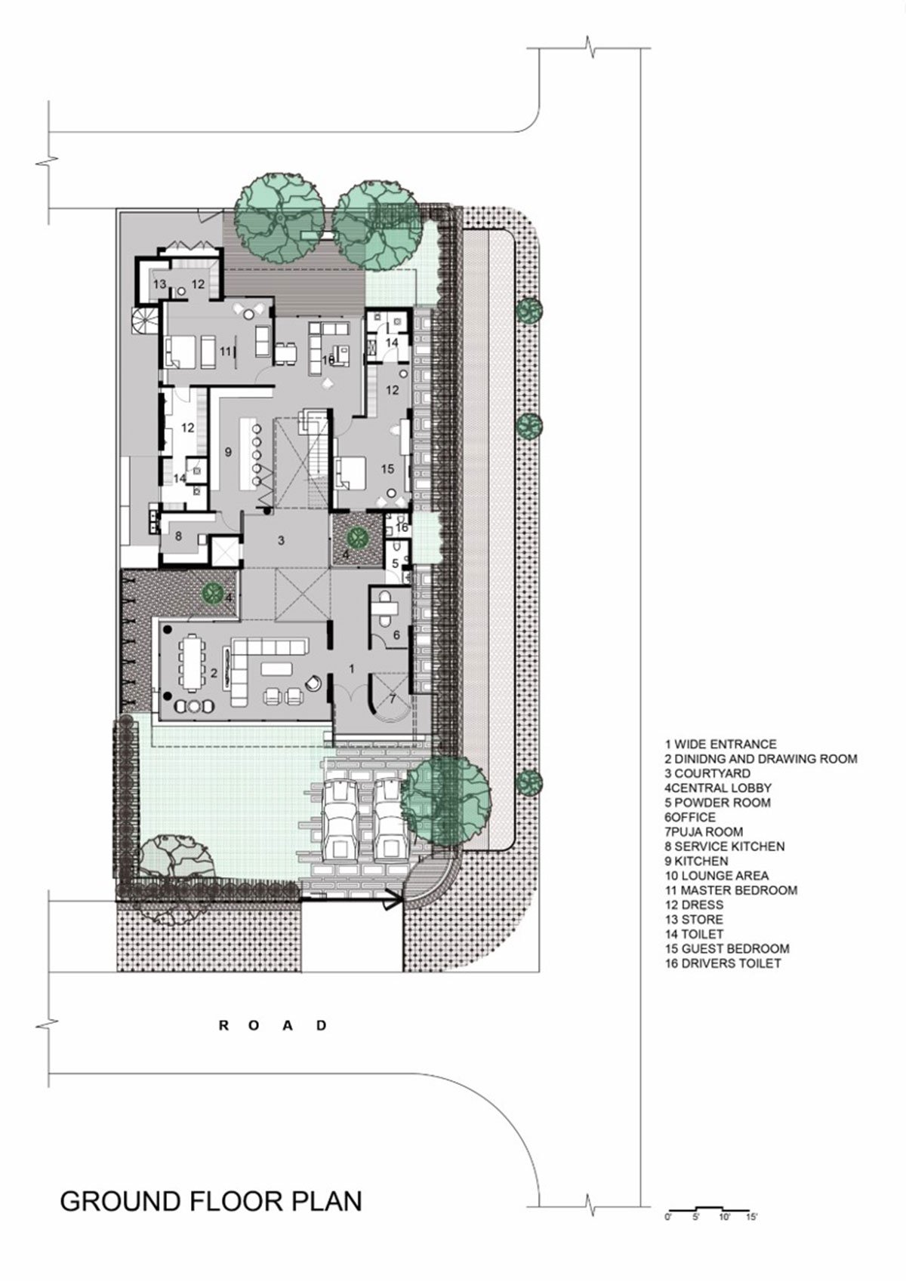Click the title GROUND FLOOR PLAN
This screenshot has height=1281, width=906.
(x=211, y=1200)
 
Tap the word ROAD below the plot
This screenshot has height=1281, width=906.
(x=273, y=1025)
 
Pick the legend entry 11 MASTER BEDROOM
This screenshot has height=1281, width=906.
(x=731, y=890)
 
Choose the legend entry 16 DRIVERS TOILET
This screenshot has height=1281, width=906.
(x=723, y=963)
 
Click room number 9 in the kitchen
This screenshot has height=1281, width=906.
(x=228, y=453)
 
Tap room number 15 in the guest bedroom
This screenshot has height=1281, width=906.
(x=387, y=469)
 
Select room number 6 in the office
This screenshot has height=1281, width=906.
(x=396, y=634)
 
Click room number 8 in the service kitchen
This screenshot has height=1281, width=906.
(x=179, y=536)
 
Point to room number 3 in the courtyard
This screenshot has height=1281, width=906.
(x=281, y=540)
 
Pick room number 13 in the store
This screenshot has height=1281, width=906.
(x=159, y=284)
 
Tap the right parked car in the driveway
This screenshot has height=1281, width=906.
(x=390, y=819)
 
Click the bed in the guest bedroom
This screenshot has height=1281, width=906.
(x=351, y=474)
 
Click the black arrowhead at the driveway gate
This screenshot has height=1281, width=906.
(x=394, y=901)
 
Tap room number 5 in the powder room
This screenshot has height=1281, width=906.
(x=396, y=564)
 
